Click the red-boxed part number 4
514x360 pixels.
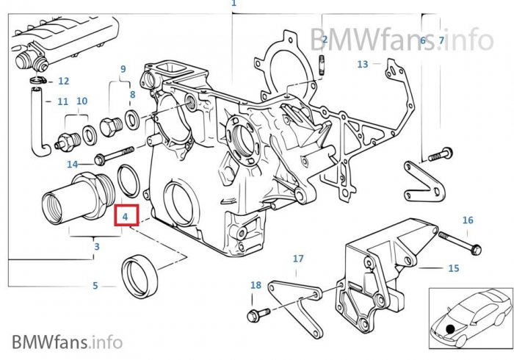[x=126, y=217]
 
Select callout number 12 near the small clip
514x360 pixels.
[x=63, y=82]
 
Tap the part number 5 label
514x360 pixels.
[x=95, y=286]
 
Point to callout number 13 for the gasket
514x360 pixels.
[x=362, y=65]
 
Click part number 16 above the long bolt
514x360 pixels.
[x=468, y=220]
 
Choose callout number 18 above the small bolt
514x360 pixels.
[x=255, y=285]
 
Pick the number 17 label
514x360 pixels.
[x=297, y=259]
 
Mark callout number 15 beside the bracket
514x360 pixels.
[x=453, y=268]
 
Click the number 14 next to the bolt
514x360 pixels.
[x=72, y=164]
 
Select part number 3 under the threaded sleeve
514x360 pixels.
[x=96, y=247]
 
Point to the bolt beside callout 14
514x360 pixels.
[x=114, y=156]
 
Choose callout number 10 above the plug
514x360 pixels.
[x=82, y=101]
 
